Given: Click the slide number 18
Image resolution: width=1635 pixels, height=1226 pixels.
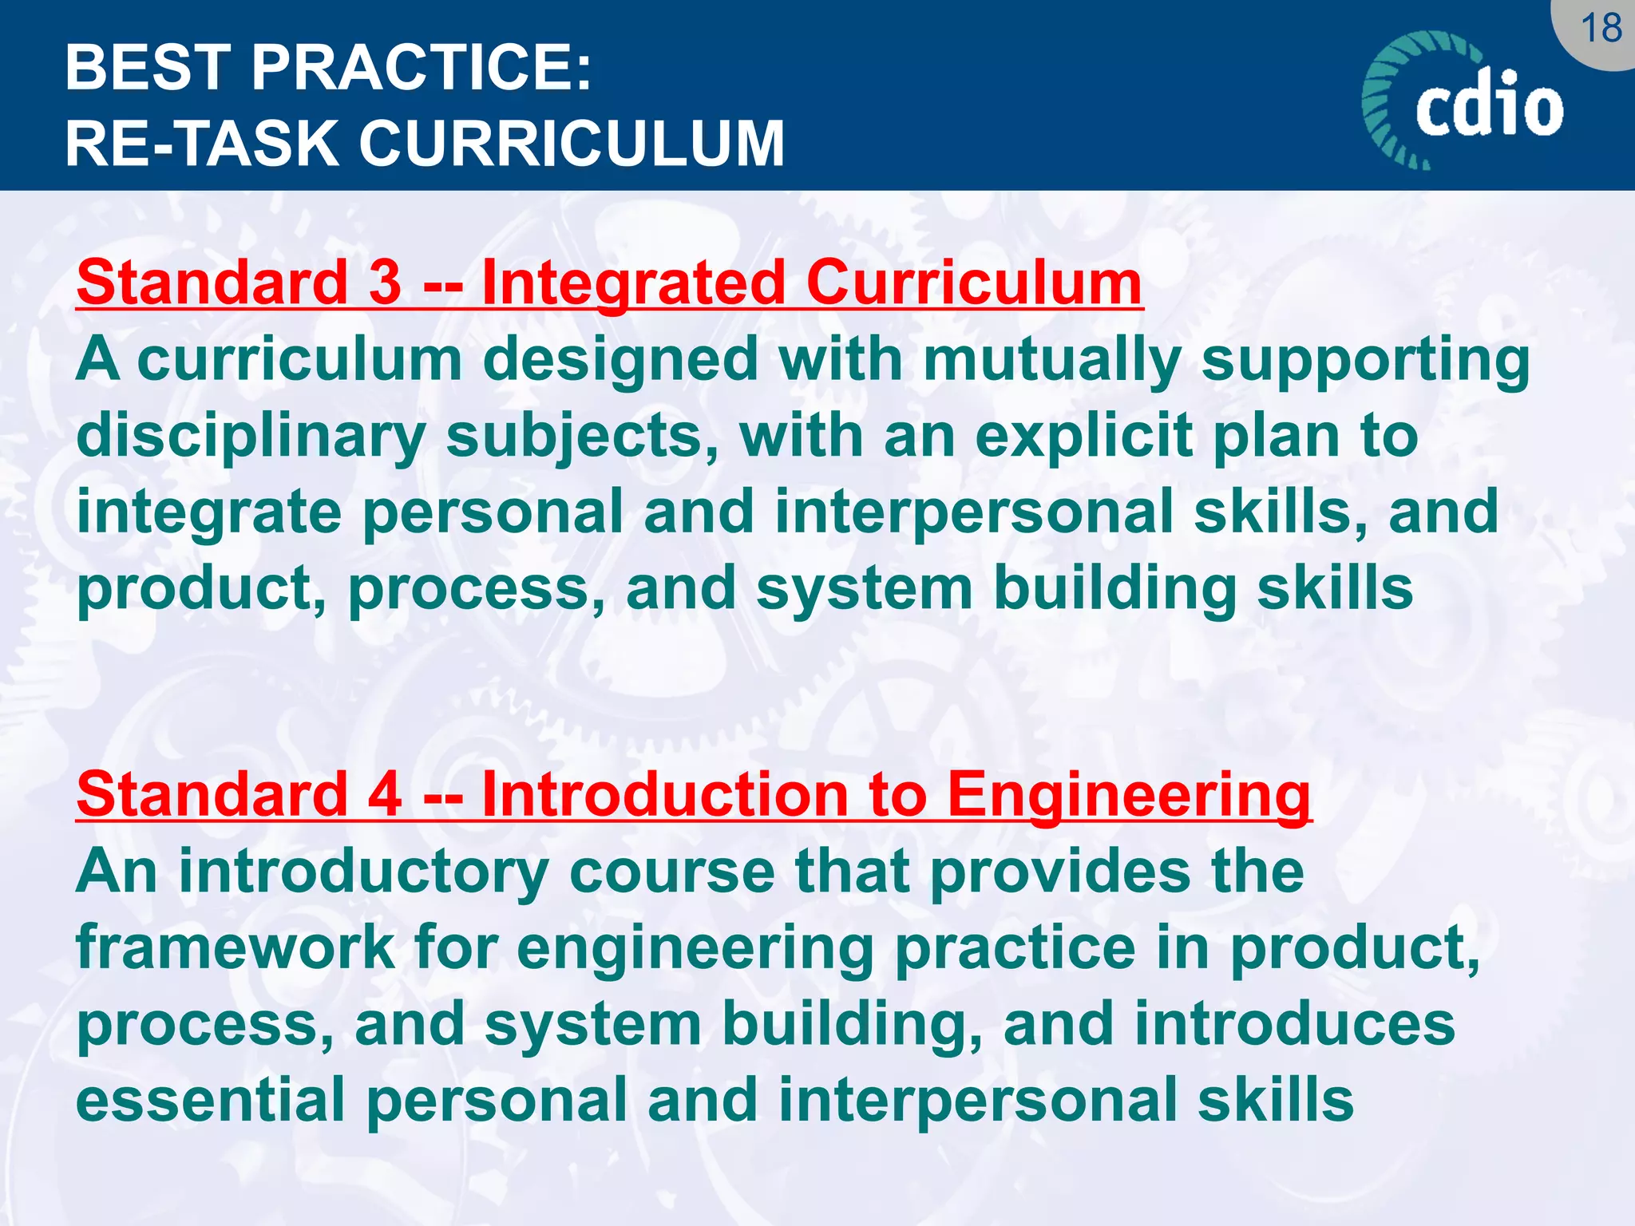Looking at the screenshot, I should (x=1601, y=30).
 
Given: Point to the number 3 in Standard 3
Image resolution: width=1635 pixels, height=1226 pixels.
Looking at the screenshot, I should (x=386, y=283).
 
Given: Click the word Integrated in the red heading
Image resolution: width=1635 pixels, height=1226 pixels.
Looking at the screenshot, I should (x=634, y=284).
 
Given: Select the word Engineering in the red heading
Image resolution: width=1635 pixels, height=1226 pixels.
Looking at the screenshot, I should (x=1129, y=796).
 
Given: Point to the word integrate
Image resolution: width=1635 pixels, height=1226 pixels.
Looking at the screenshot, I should (x=209, y=514).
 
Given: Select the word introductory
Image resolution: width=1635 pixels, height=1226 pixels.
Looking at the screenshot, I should (x=363, y=872).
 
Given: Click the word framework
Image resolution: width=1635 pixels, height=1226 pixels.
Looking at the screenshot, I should (x=236, y=947).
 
